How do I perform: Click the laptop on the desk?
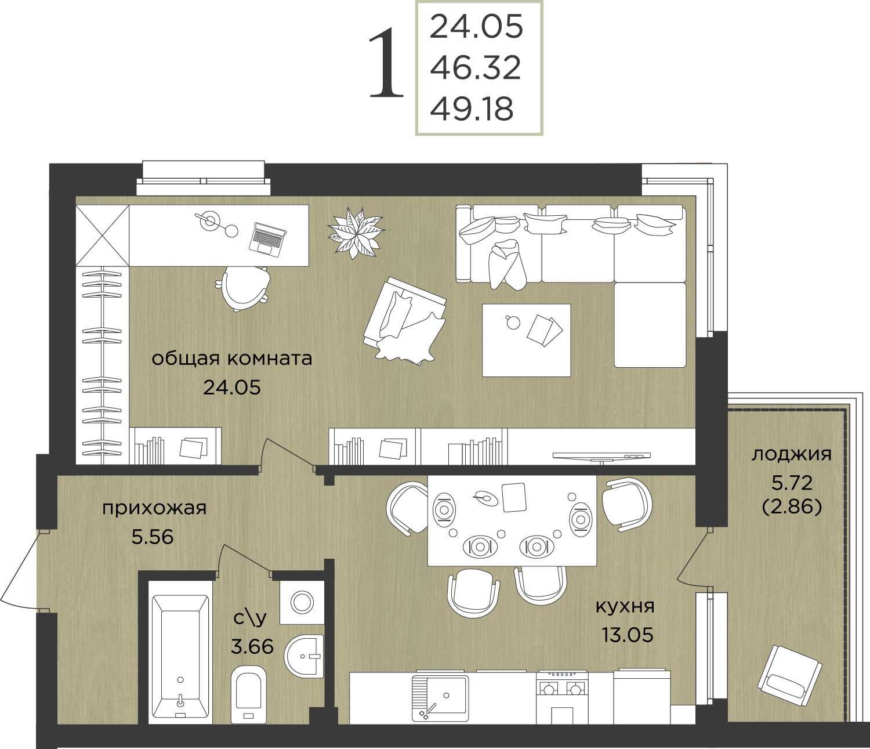click(x=268, y=238)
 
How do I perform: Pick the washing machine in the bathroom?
click(x=302, y=602)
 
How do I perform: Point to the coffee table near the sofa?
click(x=526, y=340)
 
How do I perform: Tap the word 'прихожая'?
click(x=154, y=508)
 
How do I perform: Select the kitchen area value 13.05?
click(x=628, y=647)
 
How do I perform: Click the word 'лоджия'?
click(x=792, y=454)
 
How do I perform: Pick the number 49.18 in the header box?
click(x=472, y=109)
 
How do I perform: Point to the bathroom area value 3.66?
click(x=252, y=646)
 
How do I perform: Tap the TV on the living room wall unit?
click(x=601, y=456)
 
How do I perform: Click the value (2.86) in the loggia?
click(x=792, y=507)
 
